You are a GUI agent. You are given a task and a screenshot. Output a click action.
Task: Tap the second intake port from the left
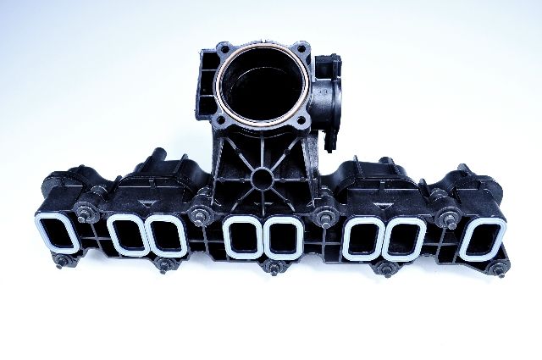[125, 233]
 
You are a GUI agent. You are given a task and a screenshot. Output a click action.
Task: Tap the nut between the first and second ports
[86, 212]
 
